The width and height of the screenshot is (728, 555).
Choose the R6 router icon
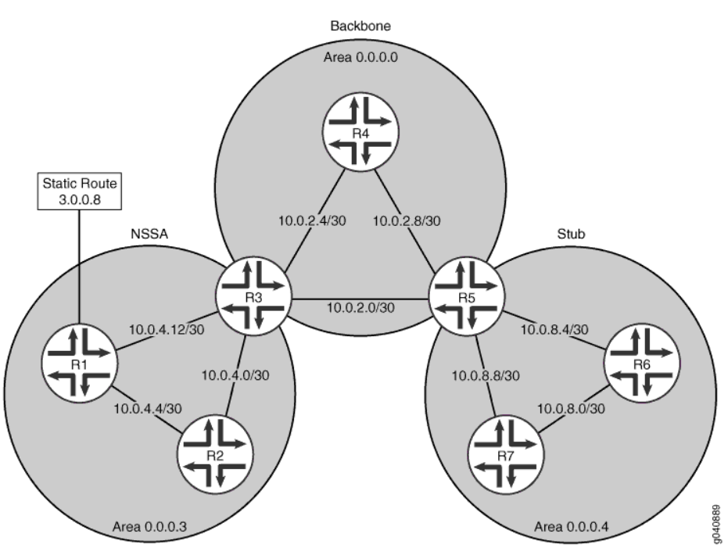[641, 363]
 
